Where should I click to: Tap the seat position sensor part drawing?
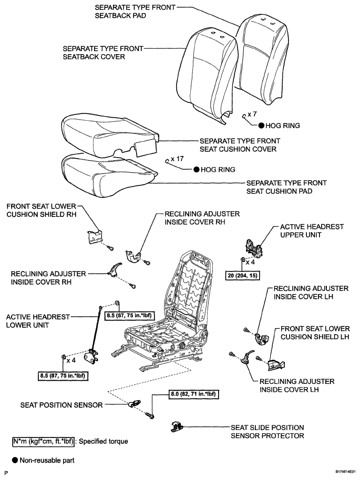[135, 404]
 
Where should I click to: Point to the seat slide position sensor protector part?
[177, 426]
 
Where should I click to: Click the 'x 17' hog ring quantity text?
[177, 159]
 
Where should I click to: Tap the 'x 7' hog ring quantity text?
[252, 114]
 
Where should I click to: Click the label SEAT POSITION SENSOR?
[61, 405]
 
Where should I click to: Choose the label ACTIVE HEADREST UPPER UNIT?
[312, 231]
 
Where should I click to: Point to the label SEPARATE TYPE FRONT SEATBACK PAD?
[135, 12]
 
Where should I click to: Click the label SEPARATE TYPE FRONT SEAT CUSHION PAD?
[286, 187]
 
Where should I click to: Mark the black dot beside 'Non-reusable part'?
[15, 460]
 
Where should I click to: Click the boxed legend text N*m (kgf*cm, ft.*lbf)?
[43, 442]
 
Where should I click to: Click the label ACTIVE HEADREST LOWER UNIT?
[38, 321]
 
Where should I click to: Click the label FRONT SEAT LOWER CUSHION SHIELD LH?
[315, 333]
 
